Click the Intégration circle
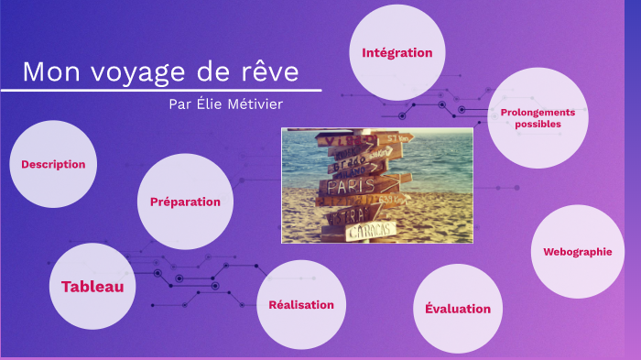point(397,52)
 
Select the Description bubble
point(53,164)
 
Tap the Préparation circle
point(185,202)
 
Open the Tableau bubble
point(92,287)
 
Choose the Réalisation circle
point(301,305)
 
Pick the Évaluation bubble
point(458,309)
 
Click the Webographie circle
point(577,251)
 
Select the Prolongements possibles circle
point(538,117)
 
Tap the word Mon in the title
point(46,72)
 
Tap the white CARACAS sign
point(371,229)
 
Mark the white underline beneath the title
point(161,90)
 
